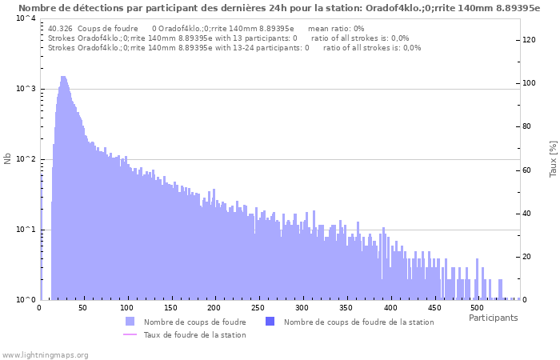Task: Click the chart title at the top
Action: (279, 7)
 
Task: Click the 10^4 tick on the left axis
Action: (24, 18)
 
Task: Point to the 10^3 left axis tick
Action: (24, 89)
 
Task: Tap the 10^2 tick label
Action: (24, 159)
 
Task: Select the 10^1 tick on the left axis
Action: (24, 230)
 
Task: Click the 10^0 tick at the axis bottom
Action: (24, 300)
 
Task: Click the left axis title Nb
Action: (8, 159)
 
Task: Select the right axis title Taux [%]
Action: (553, 159)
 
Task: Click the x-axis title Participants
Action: (493, 318)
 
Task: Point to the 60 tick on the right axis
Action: (530, 170)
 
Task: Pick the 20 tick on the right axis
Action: (530, 257)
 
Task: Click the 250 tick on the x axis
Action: (258, 307)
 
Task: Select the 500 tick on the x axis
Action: (476, 307)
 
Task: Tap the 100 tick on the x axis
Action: (126, 307)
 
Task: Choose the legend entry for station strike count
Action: (358, 322)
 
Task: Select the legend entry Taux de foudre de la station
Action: (194, 334)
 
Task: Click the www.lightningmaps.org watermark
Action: (45, 354)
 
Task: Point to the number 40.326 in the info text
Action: (60, 29)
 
